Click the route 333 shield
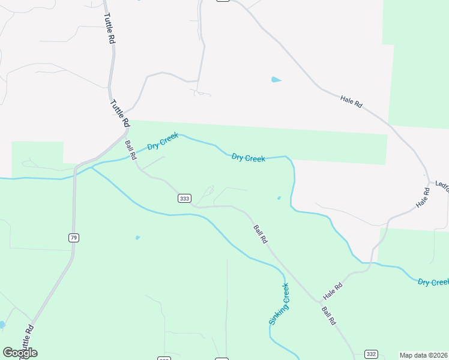coord(185,199)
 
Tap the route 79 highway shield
coord(73,238)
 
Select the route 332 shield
coord(372,354)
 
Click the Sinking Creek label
coord(279,304)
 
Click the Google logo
coord(20,353)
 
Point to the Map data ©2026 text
coord(424,355)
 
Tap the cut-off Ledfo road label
coord(442,184)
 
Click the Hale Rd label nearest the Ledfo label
coord(423,199)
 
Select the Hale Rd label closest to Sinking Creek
coord(332,292)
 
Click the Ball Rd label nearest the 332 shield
coord(328,316)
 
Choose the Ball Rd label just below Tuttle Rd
coord(130,150)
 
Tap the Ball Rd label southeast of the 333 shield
coord(260,233)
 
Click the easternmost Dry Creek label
coord(433,282)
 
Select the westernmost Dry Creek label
coord(163,142)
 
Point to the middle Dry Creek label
coord(249,158)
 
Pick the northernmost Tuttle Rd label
coord(109,29)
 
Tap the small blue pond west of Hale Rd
coord(276,79)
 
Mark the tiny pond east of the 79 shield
coord(137,238)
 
